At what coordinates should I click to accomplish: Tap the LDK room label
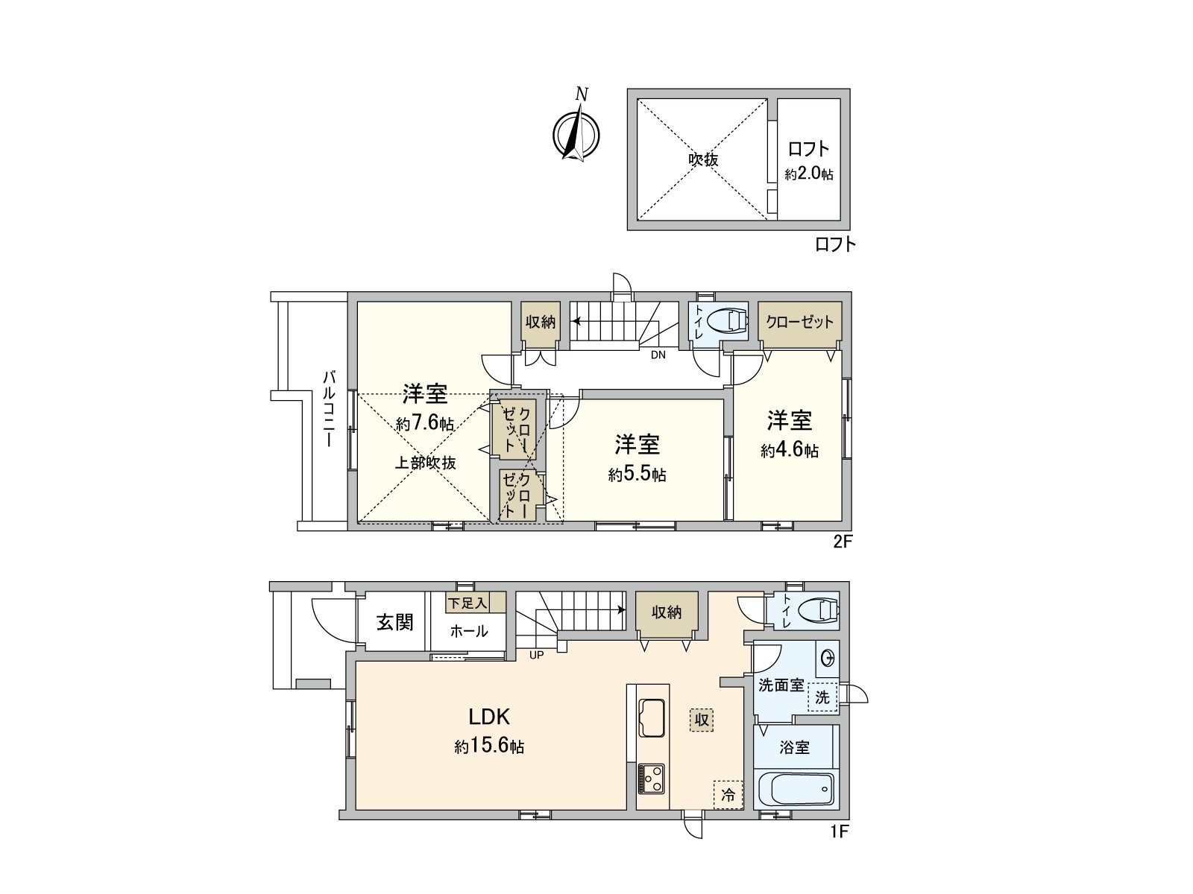tap(489, 717)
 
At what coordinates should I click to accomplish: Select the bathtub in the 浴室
tap(796, 790)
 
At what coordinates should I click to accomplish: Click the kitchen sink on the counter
tap(651, 717)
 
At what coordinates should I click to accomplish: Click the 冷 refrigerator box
tap(728, 795)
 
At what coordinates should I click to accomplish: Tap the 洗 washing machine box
tap(823, 697)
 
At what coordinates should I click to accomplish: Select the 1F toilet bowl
tap(819, 610)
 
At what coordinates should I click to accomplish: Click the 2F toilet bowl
tap(728, 320)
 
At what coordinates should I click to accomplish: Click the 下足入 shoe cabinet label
tap(468, 603)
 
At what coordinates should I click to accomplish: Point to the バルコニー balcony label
tap(328, 409)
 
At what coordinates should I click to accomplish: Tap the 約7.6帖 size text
tap(425, 423)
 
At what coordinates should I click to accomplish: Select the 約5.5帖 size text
tap(638, 475)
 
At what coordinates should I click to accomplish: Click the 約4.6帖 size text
tap(790, 450)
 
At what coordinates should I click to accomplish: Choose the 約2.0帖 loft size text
tap(809, 174)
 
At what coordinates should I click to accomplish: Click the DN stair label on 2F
tap(658, 355)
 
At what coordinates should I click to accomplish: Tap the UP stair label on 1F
tap(536, 655)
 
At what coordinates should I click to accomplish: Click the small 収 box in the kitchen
tap(702, 720)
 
